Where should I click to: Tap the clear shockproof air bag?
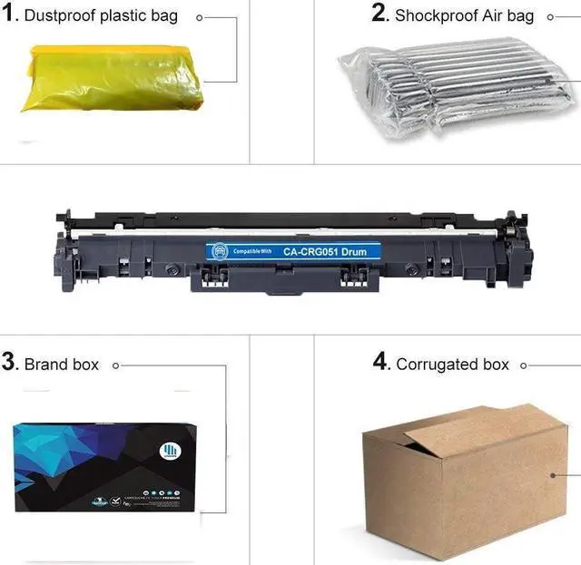click(x=458, y=87)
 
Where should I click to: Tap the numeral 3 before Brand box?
click(x=10, y=363)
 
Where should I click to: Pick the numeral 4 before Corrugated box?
click(x=381, y=362)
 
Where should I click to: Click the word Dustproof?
click(x=61, y=17)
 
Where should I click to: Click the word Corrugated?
click(x=438, y=365)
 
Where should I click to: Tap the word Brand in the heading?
click(x=46, y=365)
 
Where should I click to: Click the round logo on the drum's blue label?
click(x=219, y=250)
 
